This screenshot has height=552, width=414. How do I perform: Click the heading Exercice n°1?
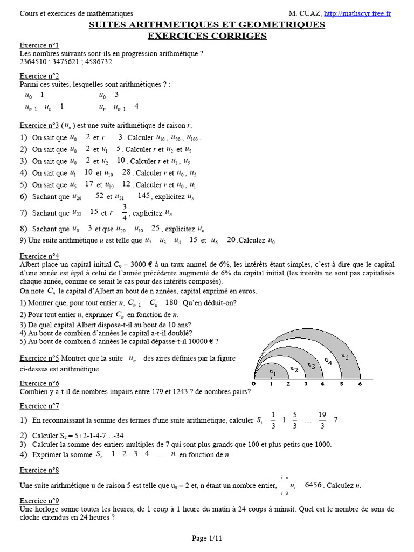pos(39,45)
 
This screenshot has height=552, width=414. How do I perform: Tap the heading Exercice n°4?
pos(39,256)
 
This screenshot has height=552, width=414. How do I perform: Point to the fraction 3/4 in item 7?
pos(125,212)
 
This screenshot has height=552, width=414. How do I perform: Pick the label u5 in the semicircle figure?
pos(345,356)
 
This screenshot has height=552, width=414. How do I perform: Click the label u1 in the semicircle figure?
pos(272,373)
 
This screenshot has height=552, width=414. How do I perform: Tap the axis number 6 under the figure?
pos(360,384)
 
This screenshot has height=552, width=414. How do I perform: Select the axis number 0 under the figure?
pos(254,384)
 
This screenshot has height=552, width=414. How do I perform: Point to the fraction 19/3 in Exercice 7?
pos(322,420)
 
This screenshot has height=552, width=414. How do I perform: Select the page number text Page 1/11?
pos(206,538)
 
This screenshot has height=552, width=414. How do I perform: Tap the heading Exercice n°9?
pos(39,501)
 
